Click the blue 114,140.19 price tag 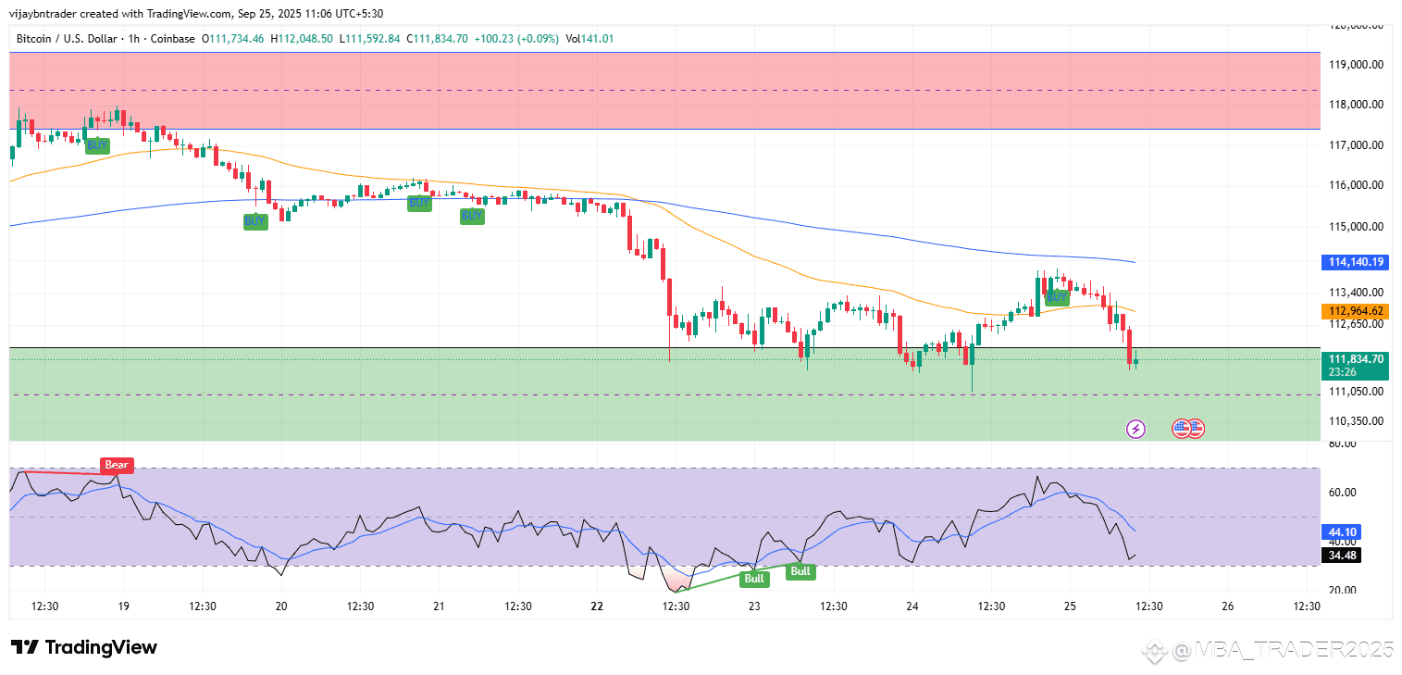1356,262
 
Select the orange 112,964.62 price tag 1356,311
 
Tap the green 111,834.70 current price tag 1356,359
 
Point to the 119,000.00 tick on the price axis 1356,65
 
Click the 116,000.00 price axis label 1356,185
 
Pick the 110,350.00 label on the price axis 1356,421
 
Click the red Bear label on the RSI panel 117,465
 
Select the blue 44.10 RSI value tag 1342,532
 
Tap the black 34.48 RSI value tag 1342,555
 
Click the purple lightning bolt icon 1136,429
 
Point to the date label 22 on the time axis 597,606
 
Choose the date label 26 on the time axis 1227,606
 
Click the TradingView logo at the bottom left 84,647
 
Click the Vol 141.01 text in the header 589,39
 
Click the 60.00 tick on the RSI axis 1342,493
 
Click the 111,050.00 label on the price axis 1356,392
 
